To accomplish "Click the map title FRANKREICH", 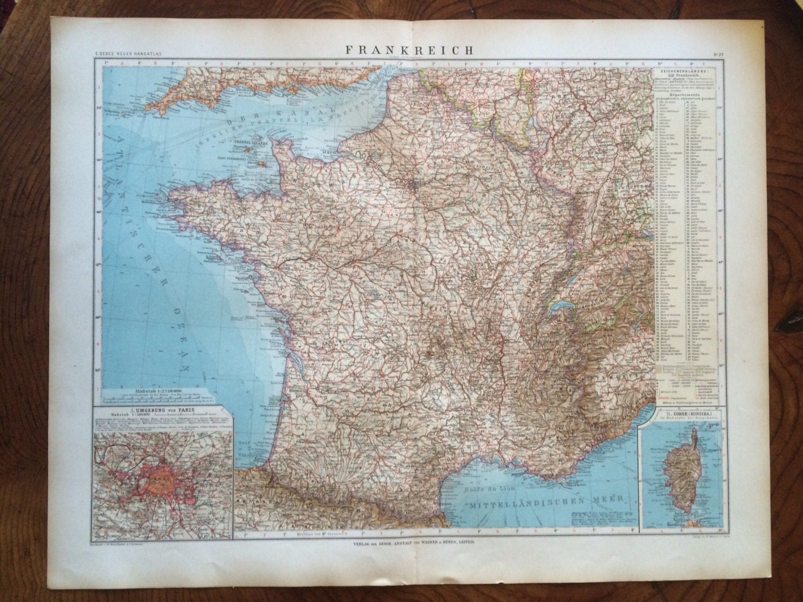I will (x=409, y=50).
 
